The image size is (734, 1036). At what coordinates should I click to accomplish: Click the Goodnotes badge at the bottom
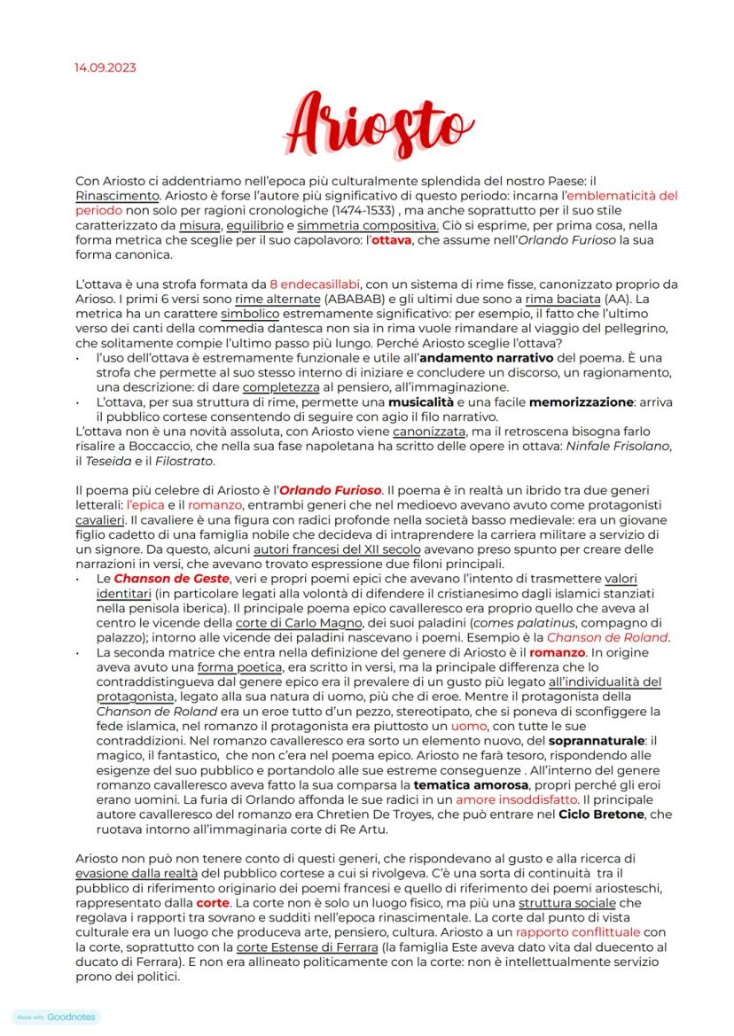(58, 1017)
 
